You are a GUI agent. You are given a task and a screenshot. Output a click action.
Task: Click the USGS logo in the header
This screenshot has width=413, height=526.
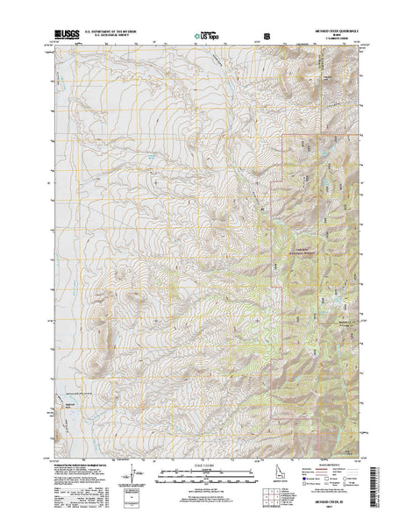(66, 31)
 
